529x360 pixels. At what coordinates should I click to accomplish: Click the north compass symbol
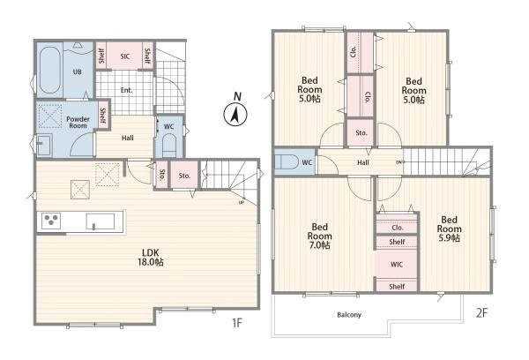coord(235,114)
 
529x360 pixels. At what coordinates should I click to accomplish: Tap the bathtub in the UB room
coord(50,70)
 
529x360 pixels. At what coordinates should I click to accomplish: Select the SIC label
coord(125,56)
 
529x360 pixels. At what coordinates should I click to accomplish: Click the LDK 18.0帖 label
coord(151,258)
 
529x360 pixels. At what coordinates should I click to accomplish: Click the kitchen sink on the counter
coord(101,221)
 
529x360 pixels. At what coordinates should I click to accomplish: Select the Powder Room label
coord(78,123)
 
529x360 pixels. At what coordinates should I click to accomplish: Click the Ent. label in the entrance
coord(126,90)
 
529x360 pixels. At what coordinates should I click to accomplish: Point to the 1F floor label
coord(237,323)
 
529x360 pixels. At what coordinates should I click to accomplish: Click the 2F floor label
coord(481,313)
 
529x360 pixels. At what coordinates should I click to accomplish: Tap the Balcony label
coord(349,315)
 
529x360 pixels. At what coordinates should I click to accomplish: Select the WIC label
coord(397,265)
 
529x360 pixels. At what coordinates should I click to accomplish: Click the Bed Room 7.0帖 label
coord(319,236)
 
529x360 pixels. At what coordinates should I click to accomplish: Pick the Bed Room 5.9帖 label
coord(449,229)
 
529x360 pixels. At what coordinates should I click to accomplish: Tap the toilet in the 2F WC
coord(286,162)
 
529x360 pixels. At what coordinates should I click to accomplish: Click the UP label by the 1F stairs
coord(242,203)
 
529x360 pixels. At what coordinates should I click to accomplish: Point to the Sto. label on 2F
coord(361,133)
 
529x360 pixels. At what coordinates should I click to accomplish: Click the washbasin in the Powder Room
coord(44,146)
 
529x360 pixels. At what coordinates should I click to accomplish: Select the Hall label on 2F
coord(363,162)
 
